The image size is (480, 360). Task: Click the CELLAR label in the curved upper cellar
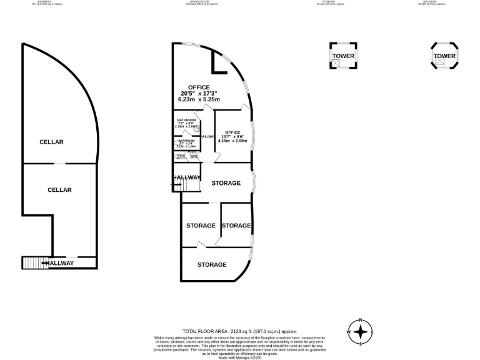(51, 142)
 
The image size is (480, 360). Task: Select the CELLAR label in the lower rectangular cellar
(59, 190)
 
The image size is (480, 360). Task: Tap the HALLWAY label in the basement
(61, 263)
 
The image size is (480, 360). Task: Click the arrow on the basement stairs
(44, 263)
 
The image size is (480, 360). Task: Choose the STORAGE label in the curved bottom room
(212, 265)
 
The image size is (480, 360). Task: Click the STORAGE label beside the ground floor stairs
(226, 183)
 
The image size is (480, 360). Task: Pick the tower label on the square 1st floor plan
(343, 56)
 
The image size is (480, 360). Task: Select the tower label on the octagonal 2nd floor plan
(444, 56)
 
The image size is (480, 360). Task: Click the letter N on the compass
(361, 321)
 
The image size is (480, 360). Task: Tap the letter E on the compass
(372, 332)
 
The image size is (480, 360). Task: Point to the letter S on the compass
(361, 343)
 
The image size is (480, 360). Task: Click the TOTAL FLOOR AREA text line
(239, 331)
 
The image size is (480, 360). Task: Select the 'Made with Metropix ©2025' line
(239, 357)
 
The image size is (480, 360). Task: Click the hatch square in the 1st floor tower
(337, 63)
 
